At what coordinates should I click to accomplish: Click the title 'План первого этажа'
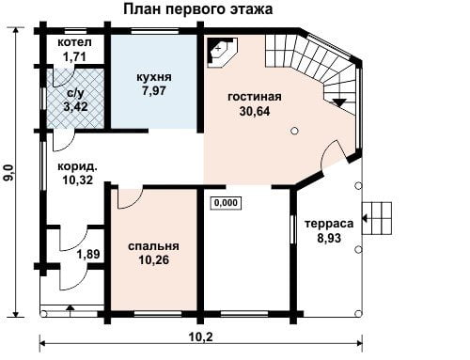click(x=197, y=9)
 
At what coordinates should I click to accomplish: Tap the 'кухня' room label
click(x=154, y=77)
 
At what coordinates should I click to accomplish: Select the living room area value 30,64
click(x=255, y=111)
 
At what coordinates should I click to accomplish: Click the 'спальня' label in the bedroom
click(x=153, y=246)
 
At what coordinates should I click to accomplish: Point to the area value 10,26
click(x=153, y=259)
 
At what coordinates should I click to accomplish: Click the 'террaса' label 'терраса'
click(x=329, y=224)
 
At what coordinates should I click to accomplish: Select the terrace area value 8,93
click(x=329, y=238)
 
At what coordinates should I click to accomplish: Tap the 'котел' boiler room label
click(x=74, y=42)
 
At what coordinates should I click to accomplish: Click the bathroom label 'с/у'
click(x=75, y=93)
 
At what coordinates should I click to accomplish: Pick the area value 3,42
click(x=75, y=107)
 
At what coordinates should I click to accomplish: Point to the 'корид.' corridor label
click(x=77, y=166)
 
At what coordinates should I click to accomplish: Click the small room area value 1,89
click(x=88, y=254)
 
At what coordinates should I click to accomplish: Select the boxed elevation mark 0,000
click(x=226, y=203)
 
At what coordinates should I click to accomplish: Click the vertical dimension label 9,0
click(x=9, y=172)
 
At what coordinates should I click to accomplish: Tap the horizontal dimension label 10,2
click(x=201, y=337)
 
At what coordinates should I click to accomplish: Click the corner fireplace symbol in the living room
click(x=222, y=52)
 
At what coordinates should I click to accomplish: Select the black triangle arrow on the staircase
click(x=339, y=102)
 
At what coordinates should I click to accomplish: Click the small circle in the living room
click(x=294, y=131)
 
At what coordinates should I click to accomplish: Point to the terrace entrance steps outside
click(x=377, y=218)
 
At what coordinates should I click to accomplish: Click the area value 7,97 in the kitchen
click(x=154, y=91)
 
